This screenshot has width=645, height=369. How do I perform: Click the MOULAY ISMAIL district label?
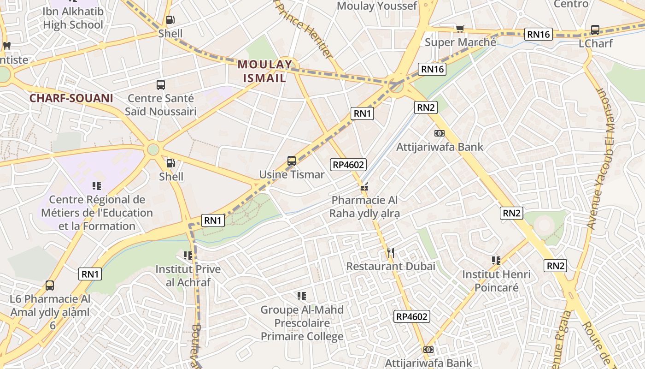(265, 71)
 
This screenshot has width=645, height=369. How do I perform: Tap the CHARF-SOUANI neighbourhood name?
(71, 98)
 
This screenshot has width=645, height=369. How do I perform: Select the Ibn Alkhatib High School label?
(73, 18)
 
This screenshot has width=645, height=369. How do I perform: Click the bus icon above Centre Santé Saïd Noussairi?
(160, 85)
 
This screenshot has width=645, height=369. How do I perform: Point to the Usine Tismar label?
(292, 175)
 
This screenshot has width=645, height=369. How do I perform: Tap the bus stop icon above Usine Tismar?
(292, 161)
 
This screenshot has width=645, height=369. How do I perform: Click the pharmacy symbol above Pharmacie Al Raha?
(364, 187)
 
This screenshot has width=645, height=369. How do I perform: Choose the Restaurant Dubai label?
(391, 266)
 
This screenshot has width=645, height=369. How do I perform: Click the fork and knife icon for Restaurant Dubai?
(391, 252)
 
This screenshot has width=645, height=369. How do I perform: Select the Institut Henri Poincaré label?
(496, 281)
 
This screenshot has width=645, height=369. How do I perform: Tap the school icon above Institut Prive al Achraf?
(188, 255)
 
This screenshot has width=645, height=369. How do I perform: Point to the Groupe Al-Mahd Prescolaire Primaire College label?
(302, 323)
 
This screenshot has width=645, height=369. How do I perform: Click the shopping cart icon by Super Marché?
(460, 29)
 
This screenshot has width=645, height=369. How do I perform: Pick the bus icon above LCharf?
(595, 30)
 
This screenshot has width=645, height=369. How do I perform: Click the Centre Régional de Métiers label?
(97, 213)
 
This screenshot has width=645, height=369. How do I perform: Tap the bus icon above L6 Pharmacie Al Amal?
(50, 286)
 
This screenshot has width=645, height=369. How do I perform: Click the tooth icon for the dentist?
(6, 46)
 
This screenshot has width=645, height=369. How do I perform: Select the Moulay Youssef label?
(377, 6)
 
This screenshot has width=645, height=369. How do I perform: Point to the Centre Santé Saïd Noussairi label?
(161, 105)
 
